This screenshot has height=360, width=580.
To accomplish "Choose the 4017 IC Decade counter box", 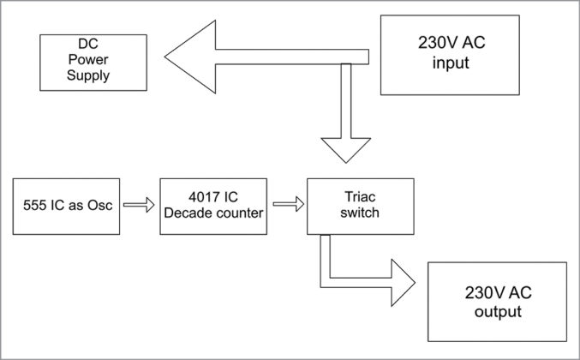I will (x=211, y=206).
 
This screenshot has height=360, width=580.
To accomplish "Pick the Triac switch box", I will (x=360, y=206).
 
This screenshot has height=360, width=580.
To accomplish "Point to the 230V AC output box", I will (x=497, y=302).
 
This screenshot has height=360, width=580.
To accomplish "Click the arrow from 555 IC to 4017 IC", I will (x=137, y=206).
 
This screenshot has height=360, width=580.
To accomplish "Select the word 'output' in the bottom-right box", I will (x=497, y=311).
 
